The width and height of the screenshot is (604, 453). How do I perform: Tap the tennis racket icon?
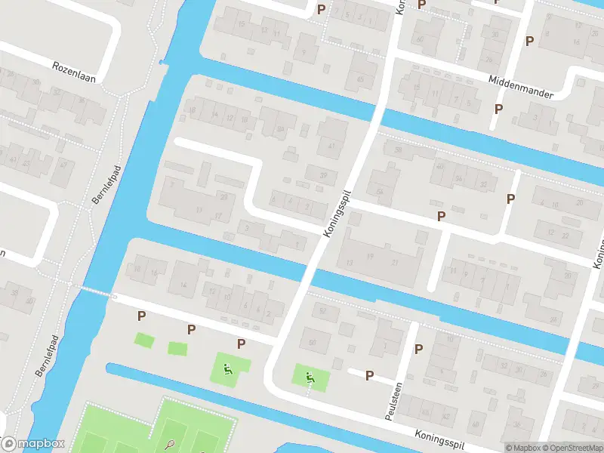[171, 445]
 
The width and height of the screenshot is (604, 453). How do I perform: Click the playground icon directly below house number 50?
[310, 376]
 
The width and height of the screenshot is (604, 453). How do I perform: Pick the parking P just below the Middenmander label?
[498, 109]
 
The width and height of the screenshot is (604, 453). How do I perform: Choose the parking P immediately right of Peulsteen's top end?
[418, 350]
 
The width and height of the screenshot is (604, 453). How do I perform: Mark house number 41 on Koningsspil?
[331, 146]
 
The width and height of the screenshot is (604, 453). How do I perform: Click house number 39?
[324, 176]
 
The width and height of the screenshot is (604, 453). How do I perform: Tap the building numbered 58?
[380, 193]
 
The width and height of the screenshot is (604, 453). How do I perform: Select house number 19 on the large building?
[370, 258]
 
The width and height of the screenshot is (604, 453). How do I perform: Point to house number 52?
[324, 311]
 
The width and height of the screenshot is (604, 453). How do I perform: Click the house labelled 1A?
[183, 284]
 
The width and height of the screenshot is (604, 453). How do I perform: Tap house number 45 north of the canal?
[361, 79]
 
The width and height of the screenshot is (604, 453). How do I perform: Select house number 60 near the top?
[420, 39]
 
